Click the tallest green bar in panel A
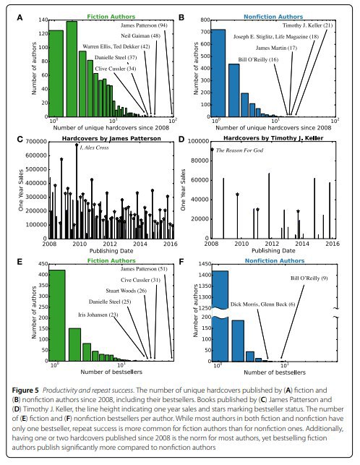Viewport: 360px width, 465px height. click(x=72, y=69)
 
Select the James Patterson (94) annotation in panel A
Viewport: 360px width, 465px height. click(x=144, y=25)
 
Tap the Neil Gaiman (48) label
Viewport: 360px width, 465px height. click(x=140, y=36)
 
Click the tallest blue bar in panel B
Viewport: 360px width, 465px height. click(x=218, y=73)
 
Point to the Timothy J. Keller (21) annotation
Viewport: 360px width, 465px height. click(x=307, y=25)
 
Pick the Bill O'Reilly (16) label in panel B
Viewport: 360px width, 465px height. click(x=258, y=59)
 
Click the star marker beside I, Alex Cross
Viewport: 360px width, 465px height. click(x=77, y=145)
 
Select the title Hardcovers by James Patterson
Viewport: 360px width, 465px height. click(x=111, y=139)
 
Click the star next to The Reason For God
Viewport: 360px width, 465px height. click(x=212, y=150)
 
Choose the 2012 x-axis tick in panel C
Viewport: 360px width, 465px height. click(x=110, y=244)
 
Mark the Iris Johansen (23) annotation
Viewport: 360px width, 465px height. click(x=98, y=315)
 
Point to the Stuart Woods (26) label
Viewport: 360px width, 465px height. click(x=126, y=291)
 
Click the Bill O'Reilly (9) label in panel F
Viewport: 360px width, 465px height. click(x=309, y=278)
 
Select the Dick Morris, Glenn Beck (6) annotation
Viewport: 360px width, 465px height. click(x=262, y=304)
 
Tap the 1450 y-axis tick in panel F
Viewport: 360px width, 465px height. click(x=205, y=264)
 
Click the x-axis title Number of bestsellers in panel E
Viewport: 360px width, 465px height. click(x=111, y=372)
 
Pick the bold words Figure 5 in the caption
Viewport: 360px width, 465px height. click(x=25, y=391)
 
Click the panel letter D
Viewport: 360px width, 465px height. click(x=181, y=139)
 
